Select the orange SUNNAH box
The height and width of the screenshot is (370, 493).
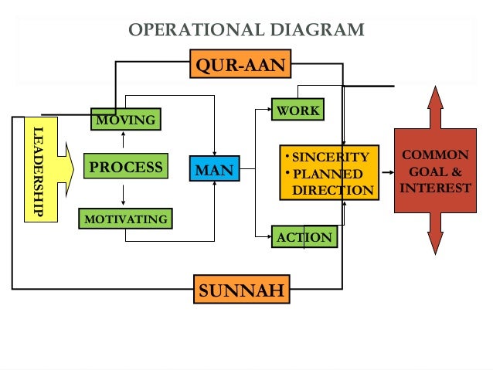(241, 290)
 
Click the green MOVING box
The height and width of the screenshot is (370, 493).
(125, 120)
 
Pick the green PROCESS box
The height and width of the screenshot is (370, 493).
(126, 167)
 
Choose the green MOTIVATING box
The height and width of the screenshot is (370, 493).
(125, 219)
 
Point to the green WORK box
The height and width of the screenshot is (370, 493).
(297, 110)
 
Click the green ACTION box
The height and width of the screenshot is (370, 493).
(304, 237)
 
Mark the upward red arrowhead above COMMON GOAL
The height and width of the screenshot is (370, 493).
(435, 99)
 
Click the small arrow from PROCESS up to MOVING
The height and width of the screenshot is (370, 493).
(124, 139)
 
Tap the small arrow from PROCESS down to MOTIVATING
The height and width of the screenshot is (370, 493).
(124, 194)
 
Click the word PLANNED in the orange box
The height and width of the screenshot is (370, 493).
(328, 174)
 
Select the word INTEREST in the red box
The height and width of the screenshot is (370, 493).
(435, 188)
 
